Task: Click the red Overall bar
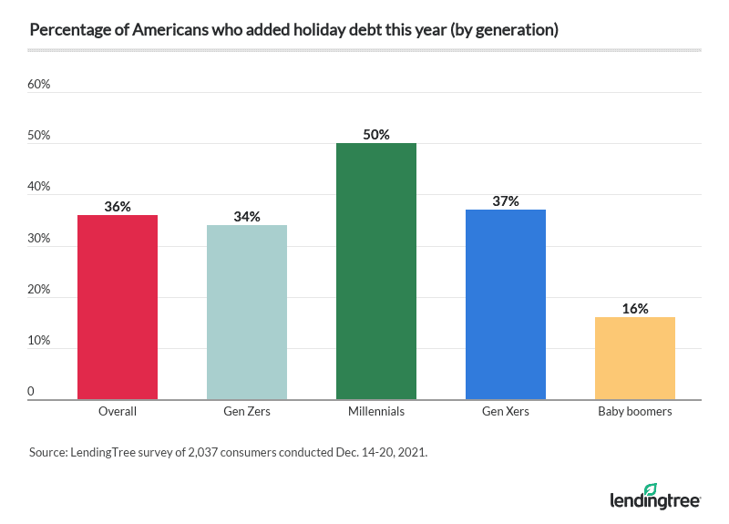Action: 118,307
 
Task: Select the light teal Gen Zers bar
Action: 247,312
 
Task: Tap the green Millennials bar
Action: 376,271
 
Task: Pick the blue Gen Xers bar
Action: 506,304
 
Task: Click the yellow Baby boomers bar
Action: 635,358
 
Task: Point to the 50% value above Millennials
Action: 376,135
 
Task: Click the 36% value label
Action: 118,207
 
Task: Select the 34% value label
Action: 247,217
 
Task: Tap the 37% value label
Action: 506,201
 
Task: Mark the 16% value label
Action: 635,309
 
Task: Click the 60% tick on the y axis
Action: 38,85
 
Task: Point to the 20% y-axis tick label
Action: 38,290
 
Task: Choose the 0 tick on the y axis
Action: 31,392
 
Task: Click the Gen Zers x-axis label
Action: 247,412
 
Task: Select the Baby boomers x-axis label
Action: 635,412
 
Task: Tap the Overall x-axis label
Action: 118,412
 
